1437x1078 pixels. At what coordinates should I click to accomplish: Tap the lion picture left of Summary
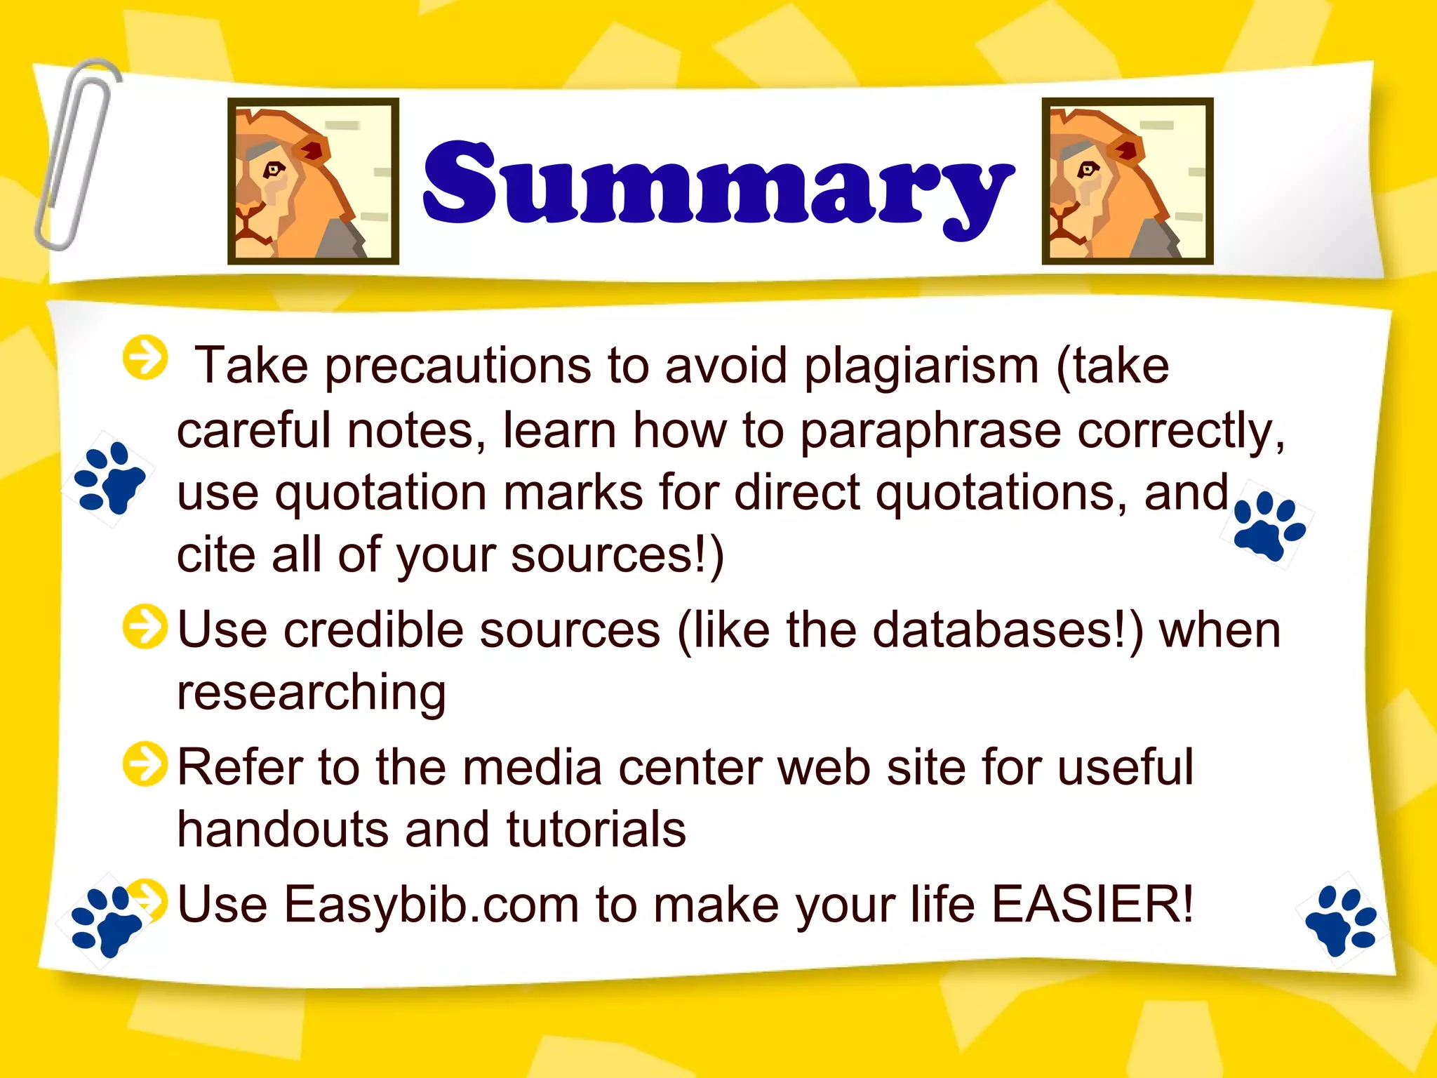point(313,181)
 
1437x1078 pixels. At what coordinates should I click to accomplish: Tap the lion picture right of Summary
point(1127,181)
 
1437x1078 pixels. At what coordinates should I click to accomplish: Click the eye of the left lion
point(272,169)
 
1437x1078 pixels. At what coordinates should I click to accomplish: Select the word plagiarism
point(921,366)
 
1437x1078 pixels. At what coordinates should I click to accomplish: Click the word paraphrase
point(930,430)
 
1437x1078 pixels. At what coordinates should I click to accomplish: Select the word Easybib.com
point(430,904)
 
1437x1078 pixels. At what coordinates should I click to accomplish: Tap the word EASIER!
point(1091,904)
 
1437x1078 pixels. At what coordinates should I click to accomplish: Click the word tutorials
point(596,830)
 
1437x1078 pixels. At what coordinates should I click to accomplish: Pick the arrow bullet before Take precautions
point(145,357)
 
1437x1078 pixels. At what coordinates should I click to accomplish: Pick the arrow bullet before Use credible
point(145,626)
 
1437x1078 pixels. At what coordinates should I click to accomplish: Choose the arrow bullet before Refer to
point(145,764)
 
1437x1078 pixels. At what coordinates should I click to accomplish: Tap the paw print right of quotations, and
point(1269,526)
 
